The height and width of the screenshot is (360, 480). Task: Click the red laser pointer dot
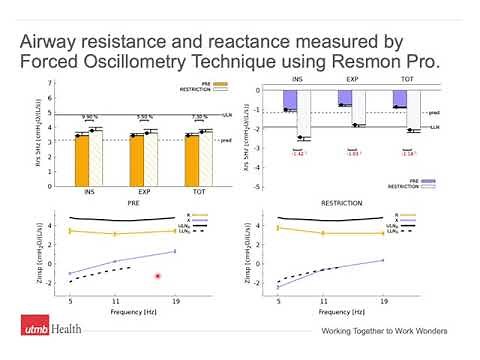157,276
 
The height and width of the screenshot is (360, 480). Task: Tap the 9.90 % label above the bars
89,116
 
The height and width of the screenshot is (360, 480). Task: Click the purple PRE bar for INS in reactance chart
289,100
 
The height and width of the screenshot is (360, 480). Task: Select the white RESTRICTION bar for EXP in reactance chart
358,109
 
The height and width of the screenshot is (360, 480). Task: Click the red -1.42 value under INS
297,153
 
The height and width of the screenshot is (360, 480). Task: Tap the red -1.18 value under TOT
408,153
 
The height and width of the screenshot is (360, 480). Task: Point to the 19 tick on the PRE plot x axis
175,300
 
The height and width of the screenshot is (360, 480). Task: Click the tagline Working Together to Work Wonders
383,331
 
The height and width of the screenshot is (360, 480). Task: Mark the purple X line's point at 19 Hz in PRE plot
175,251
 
